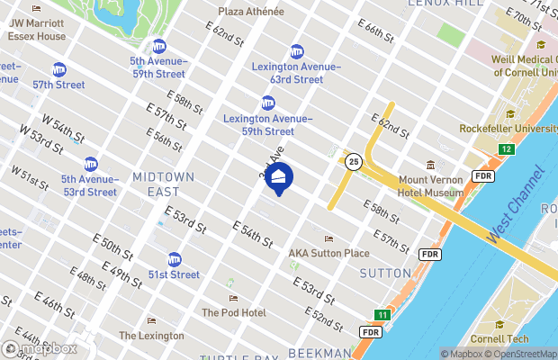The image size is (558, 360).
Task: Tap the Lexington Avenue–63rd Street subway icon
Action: coord(297,51)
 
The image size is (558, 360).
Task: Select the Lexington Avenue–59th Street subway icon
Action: coord(268,103)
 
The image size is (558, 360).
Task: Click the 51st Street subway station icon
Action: coord(175,259)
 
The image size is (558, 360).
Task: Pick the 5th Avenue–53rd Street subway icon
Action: coord(91,164)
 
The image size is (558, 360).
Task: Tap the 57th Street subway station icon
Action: coord(59,69)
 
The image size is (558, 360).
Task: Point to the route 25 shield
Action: coord(354,160)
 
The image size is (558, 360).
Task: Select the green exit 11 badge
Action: coord(382,315)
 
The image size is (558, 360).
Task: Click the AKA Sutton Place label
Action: coord(328,253)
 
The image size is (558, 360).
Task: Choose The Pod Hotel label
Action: coord(233,312)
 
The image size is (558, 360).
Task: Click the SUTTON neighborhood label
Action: coord(385,272)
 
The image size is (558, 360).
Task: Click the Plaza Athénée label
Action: coord(251,12)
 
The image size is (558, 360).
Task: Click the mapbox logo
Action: coord(40,347)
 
